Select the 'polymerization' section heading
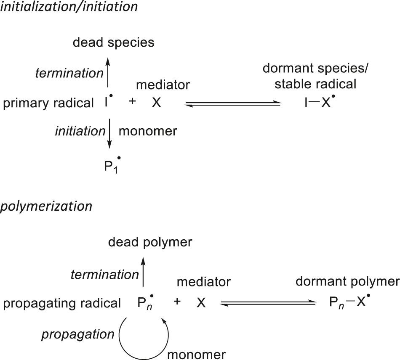tap(46, 206)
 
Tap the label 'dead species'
tap(113, 42)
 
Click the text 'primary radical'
tap(48, 103)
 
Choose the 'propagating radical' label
tap(62, 303)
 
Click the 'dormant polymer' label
tap(347, 281)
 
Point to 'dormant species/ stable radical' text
tap(315, 77)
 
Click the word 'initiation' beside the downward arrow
tap(80, 131)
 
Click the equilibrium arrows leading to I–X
tap(233, 104)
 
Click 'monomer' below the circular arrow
tap(197, 354)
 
